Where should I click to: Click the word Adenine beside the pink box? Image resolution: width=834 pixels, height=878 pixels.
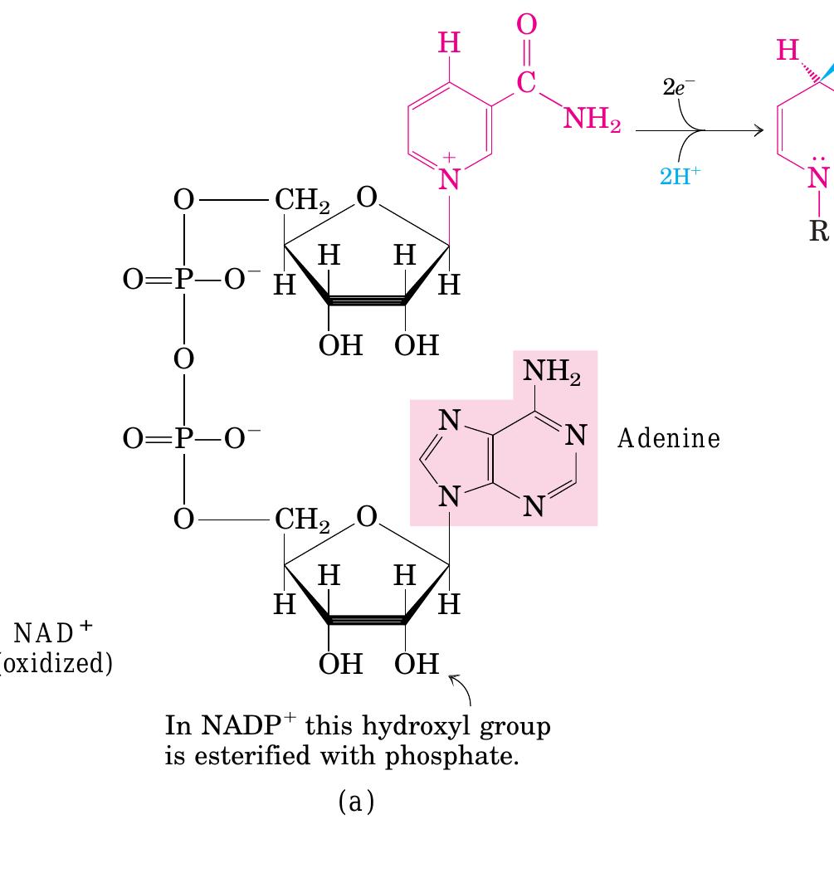[x=669, y=438]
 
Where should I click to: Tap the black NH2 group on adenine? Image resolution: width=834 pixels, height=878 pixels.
[x=552, y=372]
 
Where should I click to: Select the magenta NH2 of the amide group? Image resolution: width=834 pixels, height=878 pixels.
[x=592, y=120]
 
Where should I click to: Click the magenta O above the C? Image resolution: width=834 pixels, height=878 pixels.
[x=526, y=24]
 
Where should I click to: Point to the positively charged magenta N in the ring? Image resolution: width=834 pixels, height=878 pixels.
[x=449, y=178]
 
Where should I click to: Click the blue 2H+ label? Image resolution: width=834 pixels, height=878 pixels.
[x=680, y=176]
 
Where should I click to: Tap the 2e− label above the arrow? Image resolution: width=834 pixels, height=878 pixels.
[x=678, y=87]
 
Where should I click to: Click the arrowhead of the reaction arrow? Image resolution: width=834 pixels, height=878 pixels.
[x=759, y=130]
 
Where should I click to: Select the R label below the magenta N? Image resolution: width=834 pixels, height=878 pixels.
[x=819, y=231]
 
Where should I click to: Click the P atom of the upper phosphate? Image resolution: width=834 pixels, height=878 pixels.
[x=183, y=278]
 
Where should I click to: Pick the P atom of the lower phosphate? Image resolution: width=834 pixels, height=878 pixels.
[x=183, y=438]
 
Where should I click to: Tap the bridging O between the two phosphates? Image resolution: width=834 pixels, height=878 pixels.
[x=183, y=359]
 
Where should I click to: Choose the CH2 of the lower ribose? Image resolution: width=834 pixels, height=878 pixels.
[x=302, y=519]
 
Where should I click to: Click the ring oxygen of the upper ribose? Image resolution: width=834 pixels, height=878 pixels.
[x=367, y=198]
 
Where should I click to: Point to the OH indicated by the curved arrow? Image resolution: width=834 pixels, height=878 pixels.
[x=416, y=664]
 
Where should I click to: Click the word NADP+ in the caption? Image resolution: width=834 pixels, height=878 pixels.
[x=247, y=725]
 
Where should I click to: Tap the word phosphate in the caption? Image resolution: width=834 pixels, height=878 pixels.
[x=451, y=757]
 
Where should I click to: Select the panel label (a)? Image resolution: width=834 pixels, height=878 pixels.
[x=356, y=802]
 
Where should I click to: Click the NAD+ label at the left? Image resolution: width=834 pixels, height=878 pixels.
[x=52, y=632]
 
